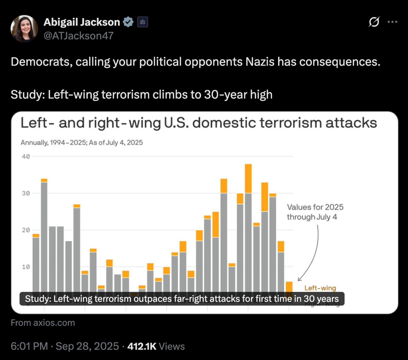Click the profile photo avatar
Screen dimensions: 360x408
tap(24, 29)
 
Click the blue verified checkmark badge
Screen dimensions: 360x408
tap(128, 22)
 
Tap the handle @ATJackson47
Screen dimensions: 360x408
tap(78, 36)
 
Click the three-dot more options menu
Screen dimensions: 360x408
tap(392, 22)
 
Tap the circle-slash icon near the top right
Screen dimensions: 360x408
tap(374, 22)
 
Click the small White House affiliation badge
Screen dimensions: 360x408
tap(143, 22)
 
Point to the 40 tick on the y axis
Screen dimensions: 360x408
tap(26, 157)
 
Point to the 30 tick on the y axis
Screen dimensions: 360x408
tap(26, 193)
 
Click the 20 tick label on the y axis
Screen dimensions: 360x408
tap(26, 230)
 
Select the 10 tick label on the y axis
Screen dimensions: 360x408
tap(26, 267)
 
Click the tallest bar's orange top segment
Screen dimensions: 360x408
tap(248, 178)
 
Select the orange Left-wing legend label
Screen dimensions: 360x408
tap(320, 288)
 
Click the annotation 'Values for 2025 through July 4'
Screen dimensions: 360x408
tap(315, 212)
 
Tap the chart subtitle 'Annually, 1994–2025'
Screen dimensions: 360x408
tap(82, 142)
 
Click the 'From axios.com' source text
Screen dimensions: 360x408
tap(43, 323)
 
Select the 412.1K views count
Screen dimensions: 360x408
tap(142, 346)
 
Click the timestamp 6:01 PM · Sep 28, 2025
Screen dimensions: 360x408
tap(65, 346)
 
